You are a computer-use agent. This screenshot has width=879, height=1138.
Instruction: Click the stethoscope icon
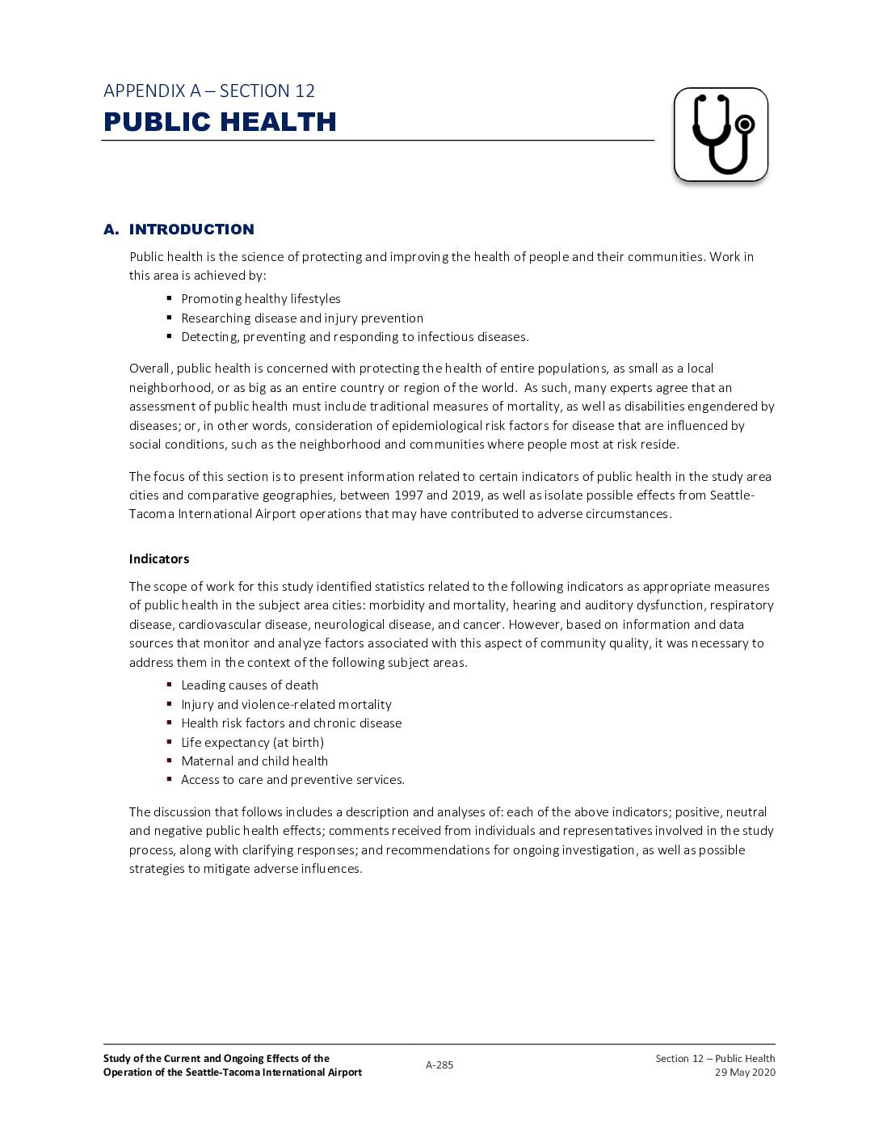(x=721, y=134)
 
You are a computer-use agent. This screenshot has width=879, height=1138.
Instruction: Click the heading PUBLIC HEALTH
(x=220, y=122)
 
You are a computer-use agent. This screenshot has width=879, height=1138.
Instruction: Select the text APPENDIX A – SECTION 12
(x=209, y=91)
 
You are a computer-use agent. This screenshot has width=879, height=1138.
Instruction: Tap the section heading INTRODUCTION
(x=191, y=230)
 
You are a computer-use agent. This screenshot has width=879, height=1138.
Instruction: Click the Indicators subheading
(x=159, y=558)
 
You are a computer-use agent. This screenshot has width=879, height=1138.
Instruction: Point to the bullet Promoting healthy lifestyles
(x=261, y=299)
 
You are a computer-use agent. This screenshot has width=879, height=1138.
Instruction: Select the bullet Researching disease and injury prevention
(x=302, y=318)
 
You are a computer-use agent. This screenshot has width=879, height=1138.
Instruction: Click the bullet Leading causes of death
(x=250, y=685)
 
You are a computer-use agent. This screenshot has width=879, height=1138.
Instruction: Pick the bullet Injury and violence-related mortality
(x=286, y=705)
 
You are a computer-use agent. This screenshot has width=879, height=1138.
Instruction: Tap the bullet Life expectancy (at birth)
(x=252, y=742)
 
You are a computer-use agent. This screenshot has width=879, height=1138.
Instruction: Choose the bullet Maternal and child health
(x=254, y=761)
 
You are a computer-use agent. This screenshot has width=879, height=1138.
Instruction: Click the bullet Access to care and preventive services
(x=292, y=780)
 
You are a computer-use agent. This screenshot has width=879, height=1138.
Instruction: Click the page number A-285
(x=439, y=1065)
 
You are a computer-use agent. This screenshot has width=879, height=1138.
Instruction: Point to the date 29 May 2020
(x=745, y=1073)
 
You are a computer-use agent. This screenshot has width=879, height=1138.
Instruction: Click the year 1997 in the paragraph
(x=409, y=495)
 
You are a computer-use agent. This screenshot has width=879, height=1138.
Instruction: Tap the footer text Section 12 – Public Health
(x=715, y=1059)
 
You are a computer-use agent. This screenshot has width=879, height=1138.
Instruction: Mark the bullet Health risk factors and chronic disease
(x=291, y=723)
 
